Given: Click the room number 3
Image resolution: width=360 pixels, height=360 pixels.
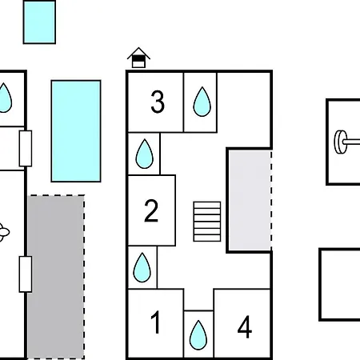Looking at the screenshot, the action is pyautogui.click(x=158, y=102).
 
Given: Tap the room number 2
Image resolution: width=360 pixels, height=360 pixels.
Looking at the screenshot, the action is pyautogui.click(x=151, y=211).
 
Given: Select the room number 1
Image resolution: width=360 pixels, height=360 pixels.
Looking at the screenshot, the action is pyautogui.click(x=155, y=322).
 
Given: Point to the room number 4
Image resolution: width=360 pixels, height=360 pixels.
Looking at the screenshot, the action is pyautogui.click(x=245, y=326).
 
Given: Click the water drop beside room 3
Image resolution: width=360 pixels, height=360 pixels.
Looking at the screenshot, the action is pyautogui.click(x=202, y=102).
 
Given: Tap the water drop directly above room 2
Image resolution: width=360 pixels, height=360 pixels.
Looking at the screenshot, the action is pyautogui.click(x=145, y=154).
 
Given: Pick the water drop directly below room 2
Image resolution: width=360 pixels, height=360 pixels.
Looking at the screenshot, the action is pyautogui.click(x=142, y=267).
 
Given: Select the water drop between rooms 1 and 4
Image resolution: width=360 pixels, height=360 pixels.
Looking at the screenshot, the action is pyautogui.click(x=198, y=335).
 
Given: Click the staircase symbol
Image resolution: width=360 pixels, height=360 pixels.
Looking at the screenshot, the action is pyautogui.click(x=207, y=222).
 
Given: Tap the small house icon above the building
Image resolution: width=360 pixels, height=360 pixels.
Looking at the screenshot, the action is pyautogui.click(x=138, y=58).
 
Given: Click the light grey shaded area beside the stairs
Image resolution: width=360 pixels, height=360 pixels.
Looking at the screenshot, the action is pyautogui.click(x=250, y=200).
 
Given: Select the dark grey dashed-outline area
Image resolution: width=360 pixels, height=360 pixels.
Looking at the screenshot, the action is pyautogui.click(x=56, y=277).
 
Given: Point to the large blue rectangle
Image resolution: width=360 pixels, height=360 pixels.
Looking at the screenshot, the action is pyautogui.click(x=76, y=131).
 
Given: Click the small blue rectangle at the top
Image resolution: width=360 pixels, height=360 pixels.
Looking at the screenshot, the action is pyautogui.click(x=39, y=22).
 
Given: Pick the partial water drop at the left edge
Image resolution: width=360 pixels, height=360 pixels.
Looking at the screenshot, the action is pyautogui.click(x=6, y=98).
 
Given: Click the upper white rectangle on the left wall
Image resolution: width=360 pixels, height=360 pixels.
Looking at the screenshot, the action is pyautogui.click(x=26, y=149).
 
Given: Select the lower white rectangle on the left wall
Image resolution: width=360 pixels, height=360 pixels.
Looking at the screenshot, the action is pyautogui.click(x=26, y=274).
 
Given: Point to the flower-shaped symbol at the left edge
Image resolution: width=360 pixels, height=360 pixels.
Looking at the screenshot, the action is pyautogui.click(x=4, y=233).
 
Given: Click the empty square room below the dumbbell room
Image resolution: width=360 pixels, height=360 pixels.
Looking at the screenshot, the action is pyautogui.click(x=340, y=285).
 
